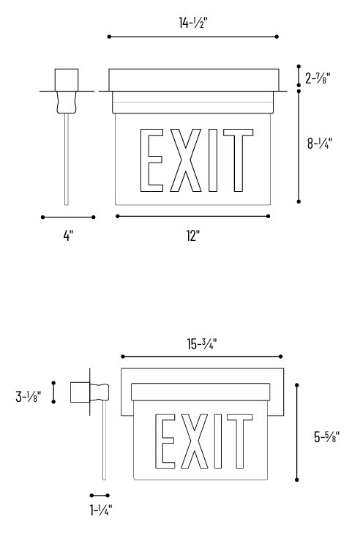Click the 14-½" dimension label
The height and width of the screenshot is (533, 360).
[193, 23]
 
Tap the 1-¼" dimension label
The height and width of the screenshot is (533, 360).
[100, 510]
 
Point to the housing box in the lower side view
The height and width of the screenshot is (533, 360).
[79, 393]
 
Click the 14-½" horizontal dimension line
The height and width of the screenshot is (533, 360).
[192, 36]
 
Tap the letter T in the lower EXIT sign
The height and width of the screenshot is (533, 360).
[241, 441]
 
